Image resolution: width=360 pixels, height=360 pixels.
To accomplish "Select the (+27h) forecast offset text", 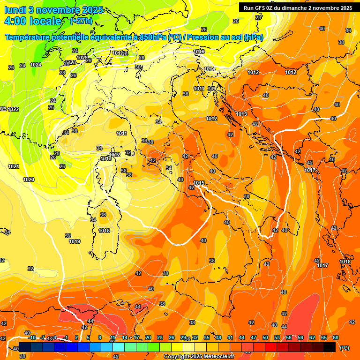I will (x=81, y=22).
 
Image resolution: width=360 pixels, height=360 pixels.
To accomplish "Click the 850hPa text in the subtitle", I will (x=152, y=37).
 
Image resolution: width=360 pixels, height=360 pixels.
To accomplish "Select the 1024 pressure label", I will (x=36, y=65).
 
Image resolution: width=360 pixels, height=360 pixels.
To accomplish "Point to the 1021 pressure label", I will (x=14, y=167).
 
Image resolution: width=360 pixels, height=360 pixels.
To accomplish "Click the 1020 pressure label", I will (x=29, y=180).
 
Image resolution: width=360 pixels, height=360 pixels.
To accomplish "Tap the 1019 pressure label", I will (x=75, y=242).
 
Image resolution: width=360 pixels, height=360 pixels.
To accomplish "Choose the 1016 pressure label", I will (x=199, y=52).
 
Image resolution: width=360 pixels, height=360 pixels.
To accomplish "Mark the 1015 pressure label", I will (x=199, y=183).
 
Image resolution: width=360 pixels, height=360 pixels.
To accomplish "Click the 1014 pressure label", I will (x=210, y=69).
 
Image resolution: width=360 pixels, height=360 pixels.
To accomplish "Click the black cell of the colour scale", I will (x=330, y=346).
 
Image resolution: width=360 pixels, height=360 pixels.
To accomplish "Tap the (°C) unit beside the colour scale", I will (x=345, y=348).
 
